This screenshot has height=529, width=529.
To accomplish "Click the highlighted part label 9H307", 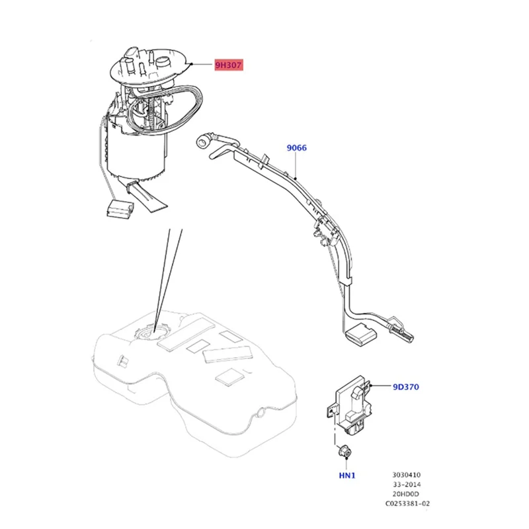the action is coord(228,65).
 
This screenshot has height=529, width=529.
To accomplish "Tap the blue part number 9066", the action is coord(296,147).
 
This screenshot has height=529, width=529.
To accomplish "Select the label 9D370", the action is coord(406,387).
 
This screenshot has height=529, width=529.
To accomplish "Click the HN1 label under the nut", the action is coord(347,475).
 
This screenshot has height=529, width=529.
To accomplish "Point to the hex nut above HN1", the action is coord(344,451).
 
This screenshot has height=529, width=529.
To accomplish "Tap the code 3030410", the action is coord(406,475).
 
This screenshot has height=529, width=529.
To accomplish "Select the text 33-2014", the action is coord(407,485).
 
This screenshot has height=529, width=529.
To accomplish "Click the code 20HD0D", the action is coord(406,494).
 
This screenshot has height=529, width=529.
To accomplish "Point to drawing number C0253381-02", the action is coord(407,504).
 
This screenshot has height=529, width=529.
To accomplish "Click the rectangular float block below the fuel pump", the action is coord(120,208).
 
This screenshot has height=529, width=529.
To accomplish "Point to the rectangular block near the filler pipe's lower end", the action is coord(360,334).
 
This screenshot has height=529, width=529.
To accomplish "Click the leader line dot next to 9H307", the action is coord(192,63).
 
